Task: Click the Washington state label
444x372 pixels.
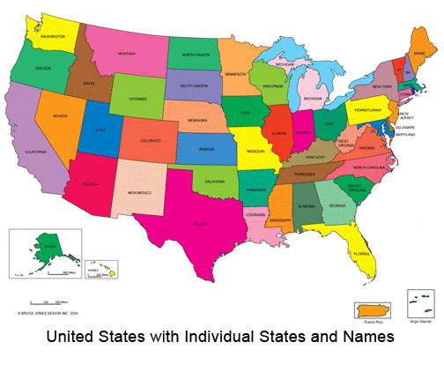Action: click(x=52, y=36)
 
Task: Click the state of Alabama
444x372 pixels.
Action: click(x=305, y=206)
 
